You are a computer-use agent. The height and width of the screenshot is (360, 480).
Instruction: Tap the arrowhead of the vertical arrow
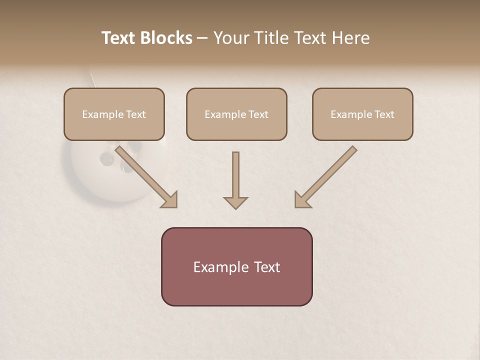(x=235, y=202)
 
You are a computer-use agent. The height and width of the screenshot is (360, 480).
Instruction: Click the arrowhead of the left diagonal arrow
(x=170, y=199)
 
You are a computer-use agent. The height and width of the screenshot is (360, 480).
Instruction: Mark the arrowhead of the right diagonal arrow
(x=301, y=199)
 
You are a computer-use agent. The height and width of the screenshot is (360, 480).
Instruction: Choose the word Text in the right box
(x=384, y=114)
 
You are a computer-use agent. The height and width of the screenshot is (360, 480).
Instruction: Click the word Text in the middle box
(x=258, y=114)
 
